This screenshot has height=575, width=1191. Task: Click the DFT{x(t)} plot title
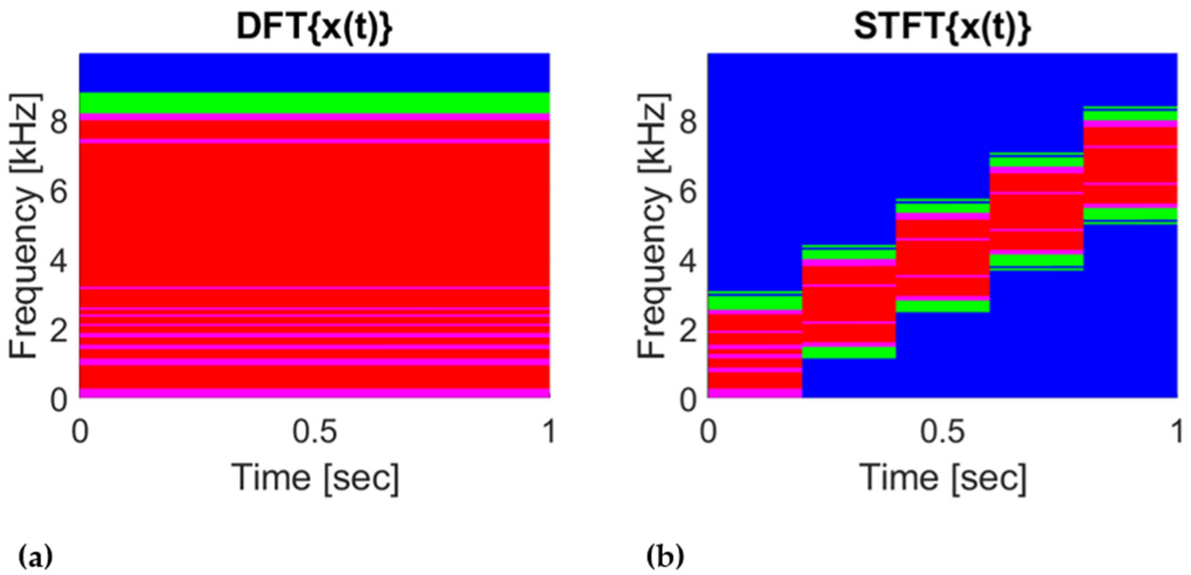point(314,28)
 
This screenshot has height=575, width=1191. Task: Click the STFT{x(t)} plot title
point(942,28)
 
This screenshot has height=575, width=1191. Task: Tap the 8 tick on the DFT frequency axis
point(59,123)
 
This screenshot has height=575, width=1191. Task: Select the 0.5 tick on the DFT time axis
point(314,432)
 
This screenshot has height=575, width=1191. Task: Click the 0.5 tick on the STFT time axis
point(942,432)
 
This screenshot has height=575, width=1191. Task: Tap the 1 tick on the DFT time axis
point(549,432)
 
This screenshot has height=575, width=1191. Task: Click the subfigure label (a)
point(35,558)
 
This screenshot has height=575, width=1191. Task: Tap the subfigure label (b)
point(665,558)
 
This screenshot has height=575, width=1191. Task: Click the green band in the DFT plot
point(314,103)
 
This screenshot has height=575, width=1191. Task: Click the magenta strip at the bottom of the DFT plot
point(314,393)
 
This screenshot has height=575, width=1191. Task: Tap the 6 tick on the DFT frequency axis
point(59,192)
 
